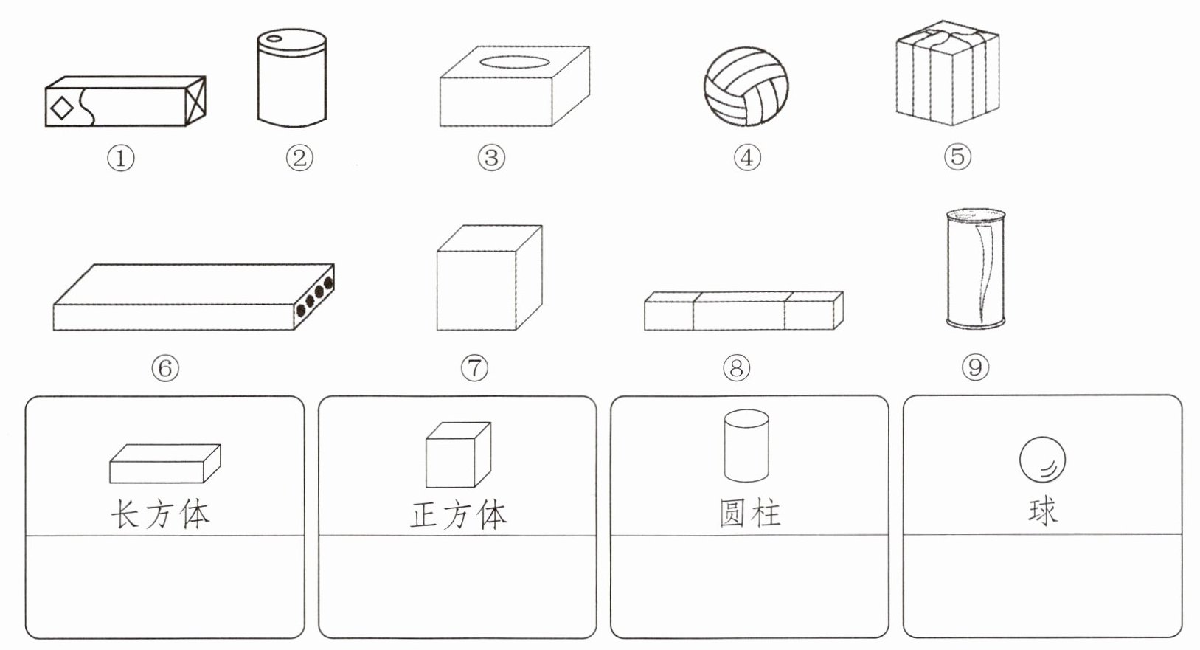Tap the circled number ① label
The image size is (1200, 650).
pyautogui.click(x=122, y=158)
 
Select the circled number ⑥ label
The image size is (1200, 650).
pyautogui.click(x=165, y=367)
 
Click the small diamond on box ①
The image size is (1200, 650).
pyautogui.click(x=62, y=108)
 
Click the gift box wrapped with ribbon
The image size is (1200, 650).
pyautogui.click(x=947, y=74)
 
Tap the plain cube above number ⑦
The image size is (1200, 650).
pyautogui.click(x=489, y=278)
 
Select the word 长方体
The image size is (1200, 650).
pyautogui.click(x=160, y=512)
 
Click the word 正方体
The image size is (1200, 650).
pyautogui.click(x=458, y=514)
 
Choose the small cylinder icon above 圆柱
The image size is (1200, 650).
pyautogui.click(x=746, y=446)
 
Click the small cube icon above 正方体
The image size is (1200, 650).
pyautogui.click(x=458, y=454)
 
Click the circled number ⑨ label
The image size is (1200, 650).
pyautogui.click(x=975, y=367)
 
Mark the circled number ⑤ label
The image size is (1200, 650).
pyautogui.click(x=957, y=156)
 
